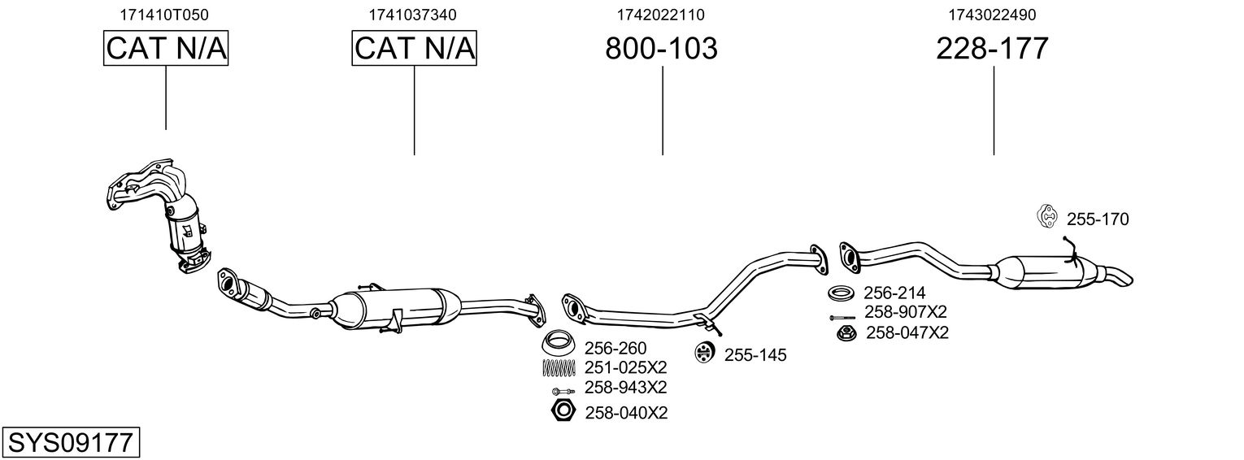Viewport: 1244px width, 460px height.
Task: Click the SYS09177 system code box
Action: click(x=71, y=442)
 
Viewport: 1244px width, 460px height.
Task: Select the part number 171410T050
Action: click(x=164, y=15)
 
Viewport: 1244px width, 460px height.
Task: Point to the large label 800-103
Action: click(x=661, y=48)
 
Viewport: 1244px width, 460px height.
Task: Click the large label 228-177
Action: click(x=992, y=48)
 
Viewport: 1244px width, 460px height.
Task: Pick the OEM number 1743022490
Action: click(x=992, y=15)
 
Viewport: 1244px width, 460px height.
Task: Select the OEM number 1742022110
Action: click(x=661, y=15)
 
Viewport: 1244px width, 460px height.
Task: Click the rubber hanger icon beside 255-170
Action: click(x=1047, y=216)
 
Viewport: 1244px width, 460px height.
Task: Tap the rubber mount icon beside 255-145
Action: click(x=704, y=353)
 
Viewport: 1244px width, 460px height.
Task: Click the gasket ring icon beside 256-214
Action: click(x=842, y=293)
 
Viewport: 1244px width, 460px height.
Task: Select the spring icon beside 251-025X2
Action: click(x=559, y=368)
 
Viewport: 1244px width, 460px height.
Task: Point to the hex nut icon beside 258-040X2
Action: click(x=563, y=411)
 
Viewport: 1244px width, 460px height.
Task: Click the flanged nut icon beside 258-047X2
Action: click(x=847, y=333)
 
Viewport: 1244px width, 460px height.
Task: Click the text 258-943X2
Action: click(x=625, y=388)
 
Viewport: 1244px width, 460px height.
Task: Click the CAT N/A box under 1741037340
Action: click(x=415, y=48)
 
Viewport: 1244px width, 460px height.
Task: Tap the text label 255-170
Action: click(x=1098, y=219)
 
